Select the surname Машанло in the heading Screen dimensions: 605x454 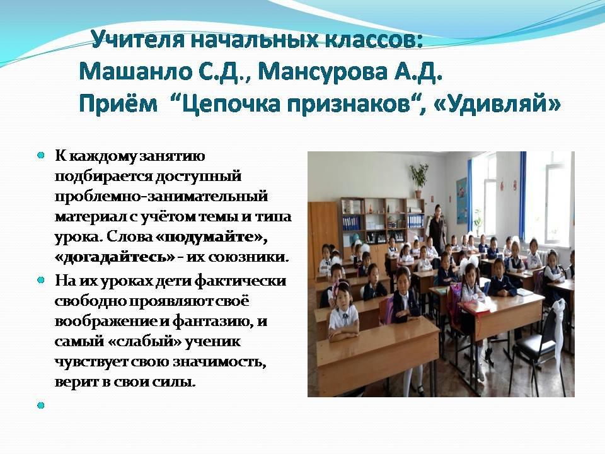coord(136,71)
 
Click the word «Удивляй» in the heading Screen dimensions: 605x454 coord(497,103)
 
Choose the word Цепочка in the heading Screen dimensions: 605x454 coord(230,104)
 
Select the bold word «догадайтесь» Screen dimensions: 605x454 coord(115,257)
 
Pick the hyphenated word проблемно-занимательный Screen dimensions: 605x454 coord(161,197)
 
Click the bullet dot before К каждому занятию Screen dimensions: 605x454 coord(41,156)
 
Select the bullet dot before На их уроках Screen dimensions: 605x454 coord(41,281)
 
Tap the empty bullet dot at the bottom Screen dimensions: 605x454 coord(41,405)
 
